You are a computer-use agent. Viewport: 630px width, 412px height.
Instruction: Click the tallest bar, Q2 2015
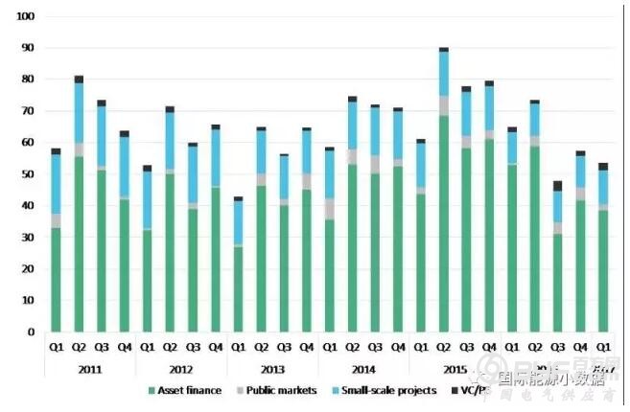pyautogui.click(x=443, y=192)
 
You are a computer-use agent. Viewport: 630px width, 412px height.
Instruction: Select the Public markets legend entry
pyautogui.click(x=278, y=390)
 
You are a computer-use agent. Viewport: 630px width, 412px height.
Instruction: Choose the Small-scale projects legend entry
pyautogui.click(x=379, y=390)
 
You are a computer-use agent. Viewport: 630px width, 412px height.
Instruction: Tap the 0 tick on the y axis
pyautogui.click(x=31, y=332)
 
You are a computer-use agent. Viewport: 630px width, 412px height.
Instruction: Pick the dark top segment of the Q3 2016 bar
pyautogui.click(x=557, y=185)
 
